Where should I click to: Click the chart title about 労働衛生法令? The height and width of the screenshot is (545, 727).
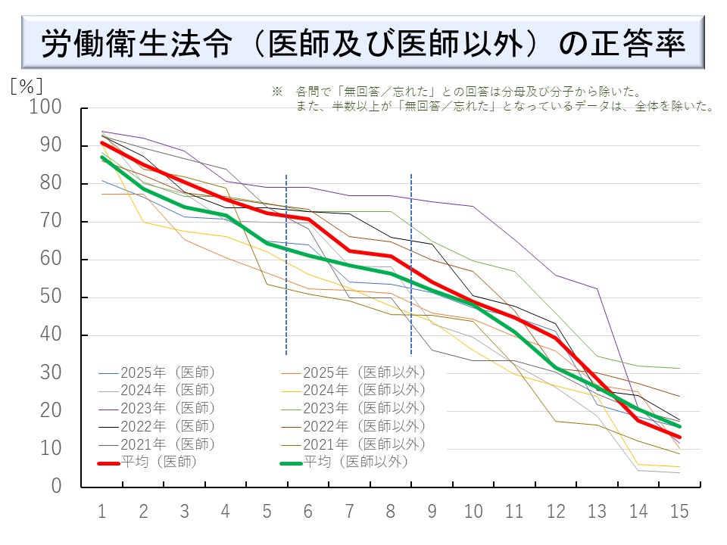point(363,44)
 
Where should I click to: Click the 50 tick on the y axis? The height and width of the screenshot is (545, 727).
point(50,297)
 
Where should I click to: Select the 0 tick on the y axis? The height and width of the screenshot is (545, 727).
point(56,486)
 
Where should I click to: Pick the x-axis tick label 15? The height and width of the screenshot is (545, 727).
point(679,512)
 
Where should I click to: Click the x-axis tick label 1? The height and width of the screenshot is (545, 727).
point(101,512)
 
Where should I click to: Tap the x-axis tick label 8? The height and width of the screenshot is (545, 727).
point(391,512)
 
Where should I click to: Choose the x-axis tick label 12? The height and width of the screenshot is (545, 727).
point(556,512)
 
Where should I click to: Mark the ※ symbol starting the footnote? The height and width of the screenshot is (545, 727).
point(276,92)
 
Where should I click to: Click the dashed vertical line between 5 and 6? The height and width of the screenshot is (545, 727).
point(286,265)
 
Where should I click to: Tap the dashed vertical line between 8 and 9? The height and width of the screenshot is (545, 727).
point(411,265)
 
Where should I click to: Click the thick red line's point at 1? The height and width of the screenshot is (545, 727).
point(101,142)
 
